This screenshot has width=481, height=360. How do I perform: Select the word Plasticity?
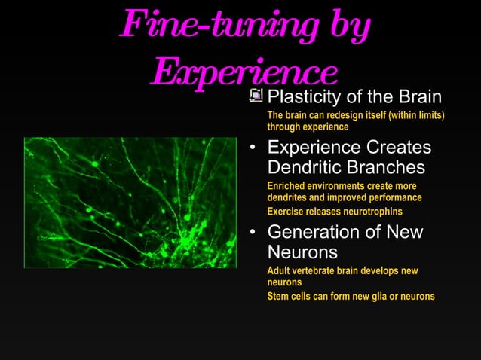point(303,98)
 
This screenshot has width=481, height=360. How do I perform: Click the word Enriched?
point(286,185)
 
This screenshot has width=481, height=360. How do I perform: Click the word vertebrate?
point(317,270)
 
